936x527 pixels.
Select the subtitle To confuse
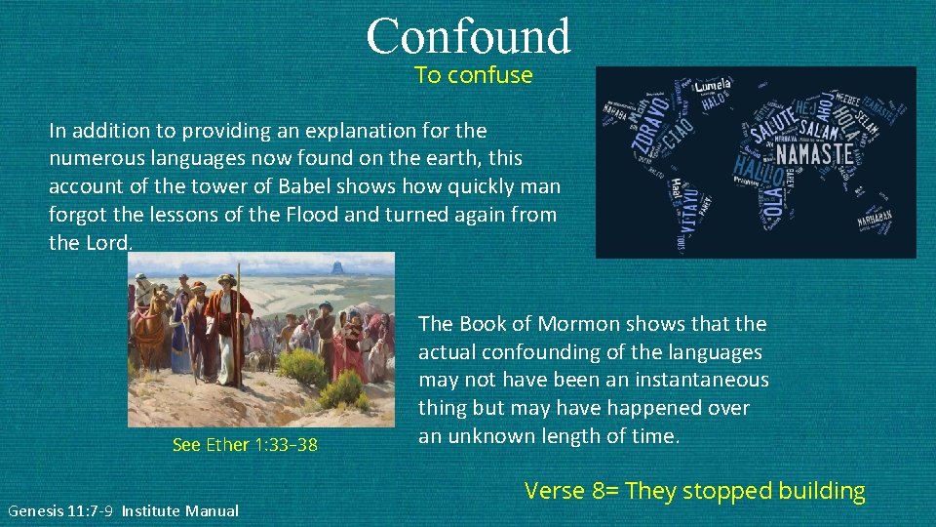tap(474, 75)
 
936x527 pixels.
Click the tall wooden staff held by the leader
tap(239, 322)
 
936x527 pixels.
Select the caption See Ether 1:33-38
tap(245, 445)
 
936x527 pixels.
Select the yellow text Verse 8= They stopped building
tap(694, 491)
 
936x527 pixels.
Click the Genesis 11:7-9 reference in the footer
tap(61, 510)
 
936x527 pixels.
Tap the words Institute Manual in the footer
tap(180, 510)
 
